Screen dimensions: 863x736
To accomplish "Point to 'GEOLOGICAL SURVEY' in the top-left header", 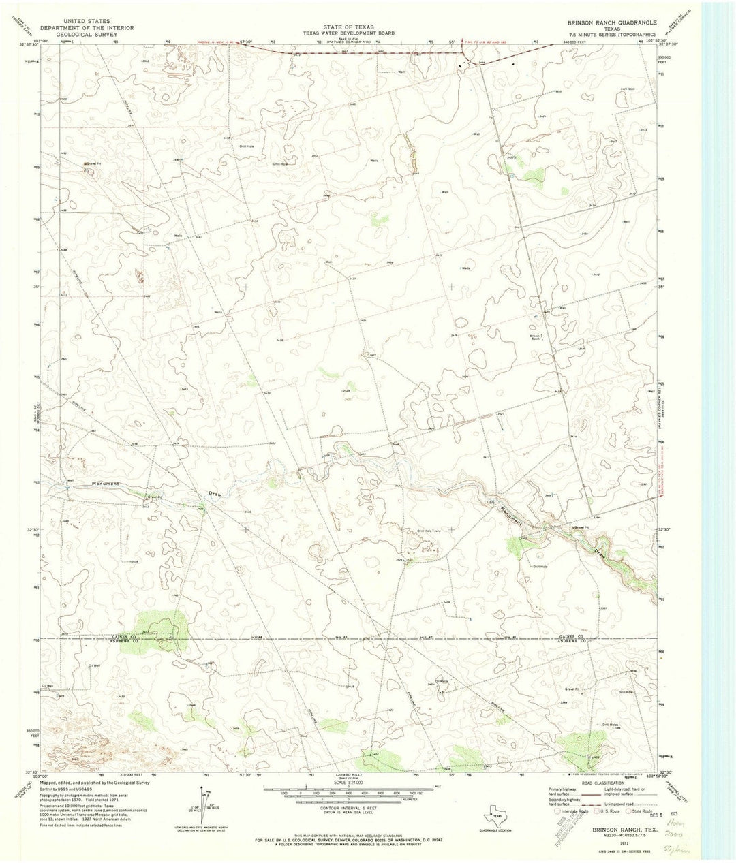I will click(87, 35).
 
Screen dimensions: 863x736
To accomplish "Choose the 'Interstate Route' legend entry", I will click(573, 811).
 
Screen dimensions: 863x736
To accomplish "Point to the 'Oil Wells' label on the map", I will click(441, 682).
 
